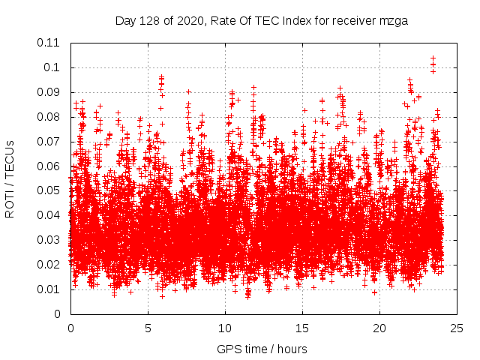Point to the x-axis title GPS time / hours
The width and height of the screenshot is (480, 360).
pyautogui.click(x=262, y=349)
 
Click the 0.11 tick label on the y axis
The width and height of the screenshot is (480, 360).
pyautogui.click(x=49, y=43)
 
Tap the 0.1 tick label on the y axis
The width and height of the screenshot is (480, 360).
pyautogui.click(x=52, y=67)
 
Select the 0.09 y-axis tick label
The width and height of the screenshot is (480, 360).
pyautogui.click(x=49, y=92)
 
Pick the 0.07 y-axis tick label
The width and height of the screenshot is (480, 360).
pyautogui.click(x=49, y=141)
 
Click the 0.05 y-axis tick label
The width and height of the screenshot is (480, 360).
pyautogui.click(x=49, y=190)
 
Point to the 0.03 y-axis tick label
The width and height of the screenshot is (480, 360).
pyautogui.click(x=49, y=240)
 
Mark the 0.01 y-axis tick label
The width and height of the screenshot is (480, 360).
pyautogui.click(x=49, y=289)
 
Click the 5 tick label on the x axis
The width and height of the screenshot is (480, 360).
pyautogui.click(x=148, y=328)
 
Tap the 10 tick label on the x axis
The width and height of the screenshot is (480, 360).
pyautogui.click(x=225, y=328)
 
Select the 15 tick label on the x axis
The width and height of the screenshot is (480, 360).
pyautogui.click(x=302, y=328)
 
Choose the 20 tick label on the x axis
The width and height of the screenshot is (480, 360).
pyautogui.click(x=379, y=328)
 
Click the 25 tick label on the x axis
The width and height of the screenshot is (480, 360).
pyautogui.click(x=457, y=328)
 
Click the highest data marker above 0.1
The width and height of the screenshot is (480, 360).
pyautogui.click(x=433, y=58)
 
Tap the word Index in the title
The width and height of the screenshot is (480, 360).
pyautogui.click(x=293, y=21)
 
